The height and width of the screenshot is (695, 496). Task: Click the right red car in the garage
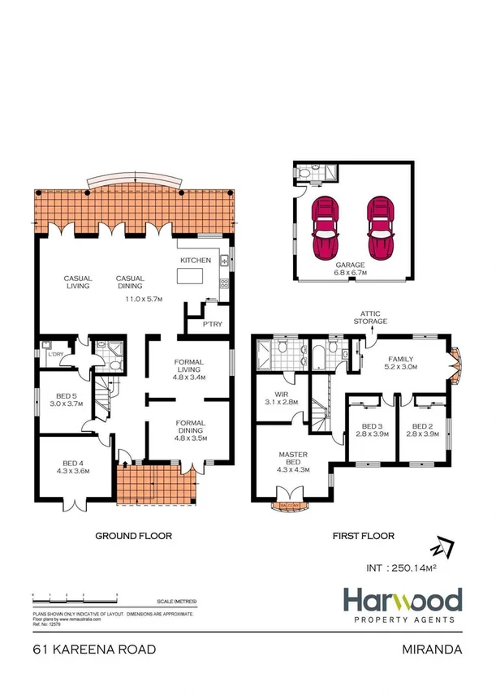[378, 227]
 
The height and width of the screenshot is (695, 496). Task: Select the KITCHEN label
[196, 260]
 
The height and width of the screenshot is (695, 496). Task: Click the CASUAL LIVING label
[79, 283]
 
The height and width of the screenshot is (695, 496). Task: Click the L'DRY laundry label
[56, 353]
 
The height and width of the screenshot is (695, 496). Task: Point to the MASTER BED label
[291, 460]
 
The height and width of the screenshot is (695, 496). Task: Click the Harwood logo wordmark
[403, 602]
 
